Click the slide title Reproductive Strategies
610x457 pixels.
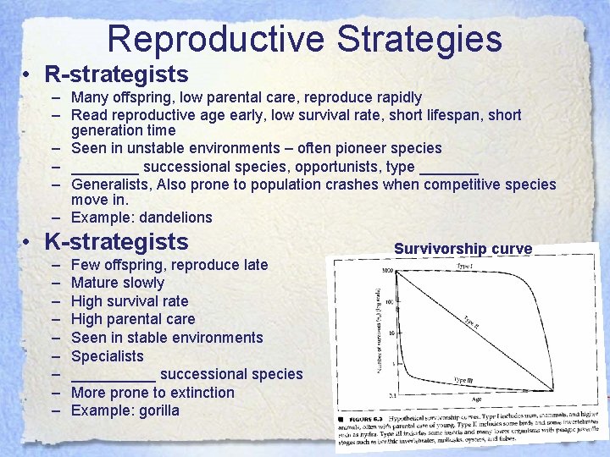pyautogui.click(x=305, y=39)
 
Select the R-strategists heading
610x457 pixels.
pyautogui.click(x=116, y=74)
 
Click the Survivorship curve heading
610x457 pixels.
pyautogui.click(x=463, y=249)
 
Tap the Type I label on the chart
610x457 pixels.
pyautogui.click(x=467, y=266)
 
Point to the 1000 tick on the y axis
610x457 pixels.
pyautogui.click(x=387, y=271)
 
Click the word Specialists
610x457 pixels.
pyautogui.click(x=108, y=355)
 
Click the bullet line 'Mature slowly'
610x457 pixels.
pyautogui.click(x=118, y=283)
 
